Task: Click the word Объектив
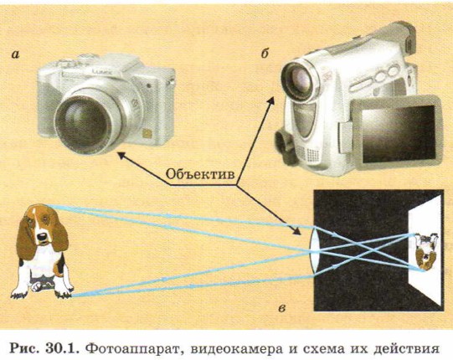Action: [x=200, y=174]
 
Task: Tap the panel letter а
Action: [x=15, y=54]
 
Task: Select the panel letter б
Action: [x=265, y=54]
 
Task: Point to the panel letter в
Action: [x=281, y=309]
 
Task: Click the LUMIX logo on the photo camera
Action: [x=101, y=71]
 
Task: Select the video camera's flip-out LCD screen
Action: [x=398, y=133]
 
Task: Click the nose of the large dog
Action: [x=43, y=237]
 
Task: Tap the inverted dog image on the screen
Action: [x=425, y=251]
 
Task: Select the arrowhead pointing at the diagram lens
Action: [x=296, y=231]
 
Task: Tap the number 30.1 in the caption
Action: [x=63, y=348]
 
